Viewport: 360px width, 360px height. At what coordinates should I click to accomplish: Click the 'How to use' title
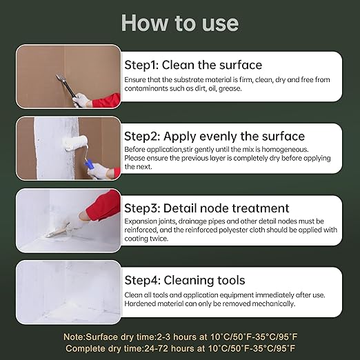(x=180, y=23)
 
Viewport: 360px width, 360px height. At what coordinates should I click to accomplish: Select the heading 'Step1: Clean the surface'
(x=193, y=65)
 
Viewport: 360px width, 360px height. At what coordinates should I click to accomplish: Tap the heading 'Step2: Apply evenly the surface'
(x=214, y=137)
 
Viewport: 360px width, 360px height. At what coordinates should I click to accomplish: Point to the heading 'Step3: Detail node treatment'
(x=206, y=208)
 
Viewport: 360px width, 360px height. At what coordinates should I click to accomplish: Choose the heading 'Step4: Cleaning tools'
(x=185, y=280)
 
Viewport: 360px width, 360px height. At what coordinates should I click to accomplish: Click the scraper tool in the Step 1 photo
(x=66, y=86)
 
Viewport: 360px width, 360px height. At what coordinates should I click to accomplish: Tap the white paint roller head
(x=75, y=143)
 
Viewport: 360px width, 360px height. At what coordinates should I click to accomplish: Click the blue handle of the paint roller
(x=88, y=165)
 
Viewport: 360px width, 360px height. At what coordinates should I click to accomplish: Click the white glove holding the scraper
(x=81, y=100)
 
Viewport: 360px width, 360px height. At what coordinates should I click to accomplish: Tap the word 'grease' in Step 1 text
(x=230, y=88)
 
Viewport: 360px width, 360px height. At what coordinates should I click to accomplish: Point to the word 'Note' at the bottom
(x=74, y=337)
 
